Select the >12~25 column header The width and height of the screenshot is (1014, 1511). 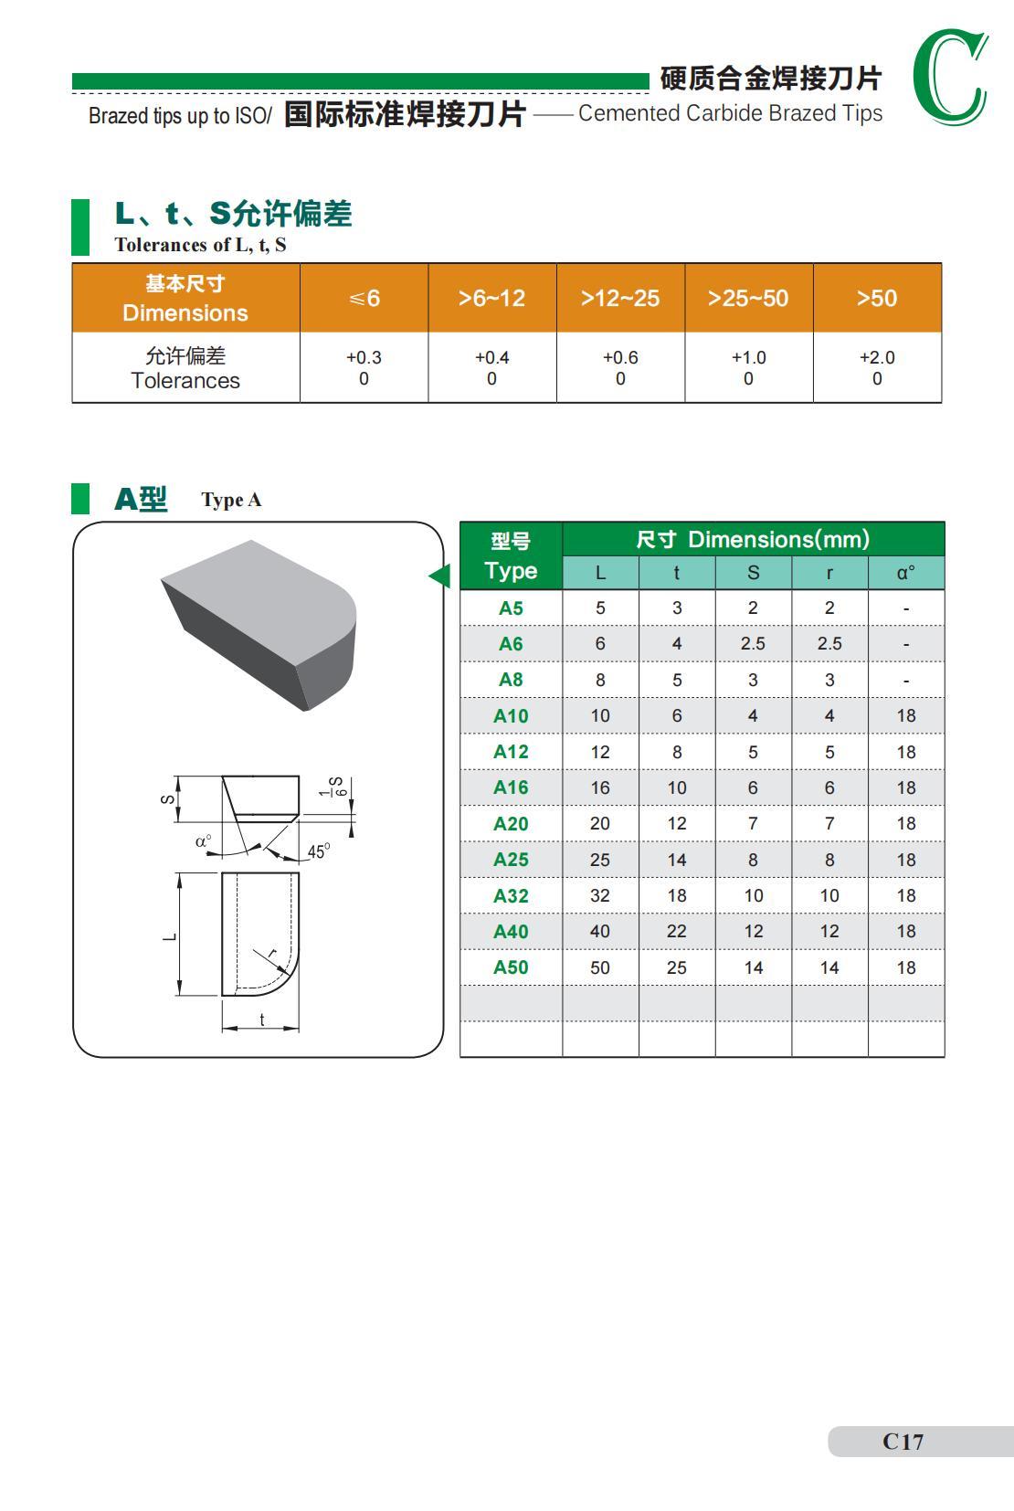pos(620,298)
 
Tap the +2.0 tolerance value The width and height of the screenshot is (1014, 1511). pos(877,357)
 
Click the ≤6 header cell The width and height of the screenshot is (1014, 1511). pos(364,298)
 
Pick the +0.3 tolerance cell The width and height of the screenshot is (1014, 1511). pos(364,367)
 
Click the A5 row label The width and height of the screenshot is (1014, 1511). pos(511,608)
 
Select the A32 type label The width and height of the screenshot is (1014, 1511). pos(511,896)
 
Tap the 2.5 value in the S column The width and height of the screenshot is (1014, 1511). pos(753,643)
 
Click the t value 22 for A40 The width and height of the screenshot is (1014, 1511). pos(677,932)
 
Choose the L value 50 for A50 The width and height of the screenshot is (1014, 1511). pos(600,968)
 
